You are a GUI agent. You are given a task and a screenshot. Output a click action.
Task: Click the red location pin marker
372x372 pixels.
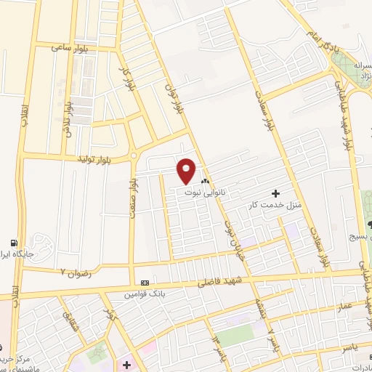(187, 171)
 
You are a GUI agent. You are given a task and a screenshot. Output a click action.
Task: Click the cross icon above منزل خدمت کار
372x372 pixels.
(275, 193)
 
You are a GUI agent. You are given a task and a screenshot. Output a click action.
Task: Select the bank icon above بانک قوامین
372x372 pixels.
(145, 282)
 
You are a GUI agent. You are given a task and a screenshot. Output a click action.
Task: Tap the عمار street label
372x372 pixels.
(344, 307)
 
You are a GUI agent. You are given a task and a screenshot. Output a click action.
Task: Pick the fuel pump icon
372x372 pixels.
(13, 243)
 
